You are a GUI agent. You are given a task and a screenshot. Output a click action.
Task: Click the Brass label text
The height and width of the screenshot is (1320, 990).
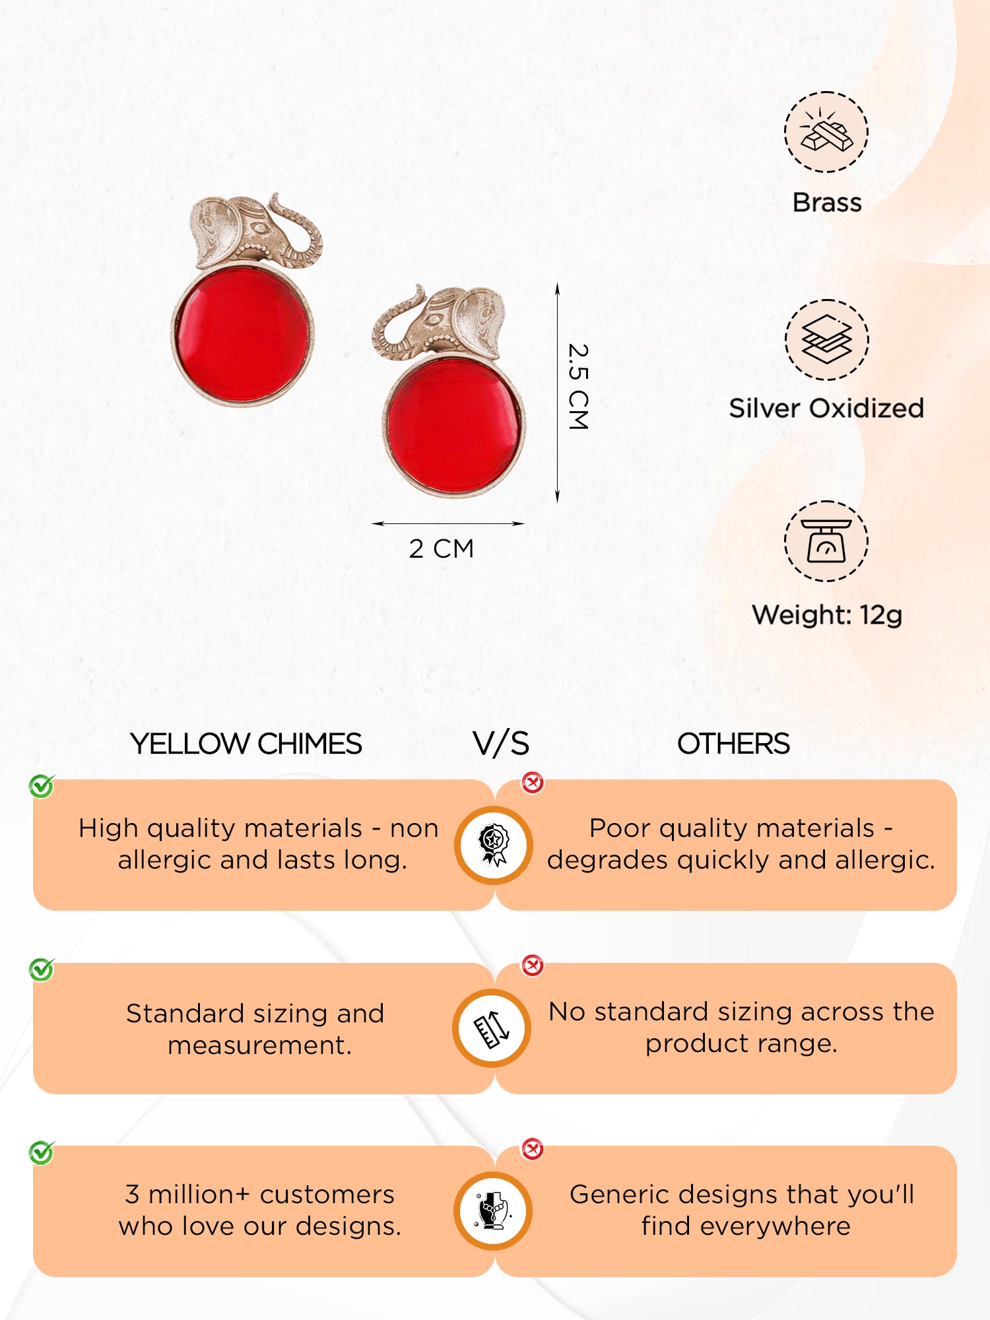pyautogui.click(x=827, y=203)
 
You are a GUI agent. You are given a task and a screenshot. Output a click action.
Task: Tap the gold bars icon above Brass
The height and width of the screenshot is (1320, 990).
pyautogui.click(x=826, y=132)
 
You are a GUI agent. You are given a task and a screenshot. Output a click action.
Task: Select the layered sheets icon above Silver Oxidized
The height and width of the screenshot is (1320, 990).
pyautogui.click(x=826, y=340)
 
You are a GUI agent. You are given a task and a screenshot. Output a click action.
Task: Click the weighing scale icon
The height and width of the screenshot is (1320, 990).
pyautogui.click(x=826, y=541)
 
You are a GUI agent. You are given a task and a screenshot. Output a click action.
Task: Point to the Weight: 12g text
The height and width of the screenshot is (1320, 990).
pyautogui.click(x=827, y=615)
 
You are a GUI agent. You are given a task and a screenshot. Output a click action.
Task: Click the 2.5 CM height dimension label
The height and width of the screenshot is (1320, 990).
pyautogui.click(x=578, y=387)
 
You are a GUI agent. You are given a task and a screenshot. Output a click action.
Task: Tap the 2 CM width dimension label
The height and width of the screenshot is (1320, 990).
pyautogui.click(x=442, y=548)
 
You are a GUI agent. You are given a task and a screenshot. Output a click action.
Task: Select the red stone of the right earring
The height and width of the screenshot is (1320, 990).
pyautogui.click(x=454, y=426)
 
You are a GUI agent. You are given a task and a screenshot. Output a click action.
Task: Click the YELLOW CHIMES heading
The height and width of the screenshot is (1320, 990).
pyautogui.click(x=246, y=744)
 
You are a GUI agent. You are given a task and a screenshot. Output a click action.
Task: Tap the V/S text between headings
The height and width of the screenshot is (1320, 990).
pyautogui.click(x=501, y=744)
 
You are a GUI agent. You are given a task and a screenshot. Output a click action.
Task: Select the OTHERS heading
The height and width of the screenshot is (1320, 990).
pyautogui.click(x=733, y=744)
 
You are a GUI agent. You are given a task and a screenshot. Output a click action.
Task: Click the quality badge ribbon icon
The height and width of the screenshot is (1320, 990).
pyautogui.click(x=494, y=845)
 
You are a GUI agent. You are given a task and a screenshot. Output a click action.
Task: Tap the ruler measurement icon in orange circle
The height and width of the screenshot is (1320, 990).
pyautogui.click(x=492, y=1028)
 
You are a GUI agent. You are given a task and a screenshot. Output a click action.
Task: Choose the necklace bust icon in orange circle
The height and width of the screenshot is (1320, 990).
pyautogui.click(x=494, y=1211)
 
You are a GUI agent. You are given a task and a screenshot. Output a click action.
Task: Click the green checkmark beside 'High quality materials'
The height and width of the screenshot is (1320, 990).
pyautogui.click(x=42, y=786)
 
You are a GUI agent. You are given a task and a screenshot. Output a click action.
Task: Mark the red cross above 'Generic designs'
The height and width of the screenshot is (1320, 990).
pyautogui.click(x=532, y=1149)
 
